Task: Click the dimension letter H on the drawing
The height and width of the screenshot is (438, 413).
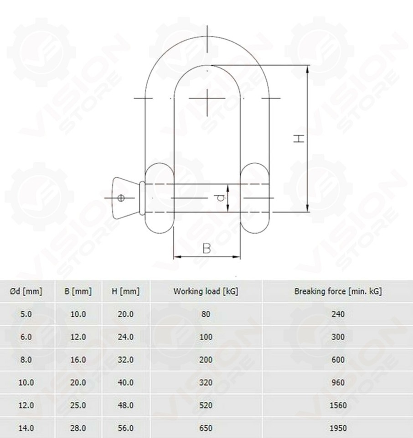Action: point(298,139)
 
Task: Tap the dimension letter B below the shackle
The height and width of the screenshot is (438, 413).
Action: point(206,248)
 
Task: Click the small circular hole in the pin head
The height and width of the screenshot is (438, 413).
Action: point(121,198)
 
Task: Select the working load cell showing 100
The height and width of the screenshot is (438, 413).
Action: point(206,337)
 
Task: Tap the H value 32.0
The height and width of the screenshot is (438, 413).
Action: point(125,360)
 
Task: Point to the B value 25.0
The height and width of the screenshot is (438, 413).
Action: point(78,405)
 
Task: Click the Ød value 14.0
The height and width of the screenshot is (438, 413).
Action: point(26,428)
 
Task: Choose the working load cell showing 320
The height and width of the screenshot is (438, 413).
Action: point(206,382)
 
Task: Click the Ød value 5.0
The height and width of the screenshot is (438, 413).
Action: point(26,314)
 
